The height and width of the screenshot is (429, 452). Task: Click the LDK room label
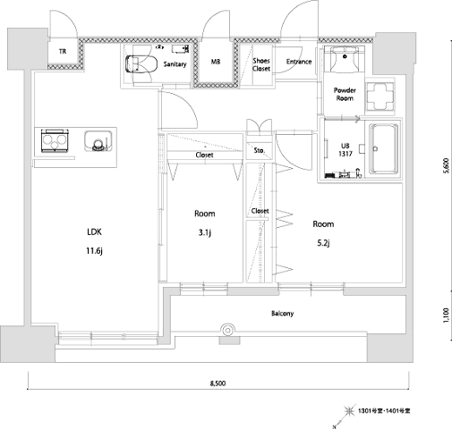click(x=94, y=231)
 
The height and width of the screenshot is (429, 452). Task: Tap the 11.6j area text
click(x=95, y=251)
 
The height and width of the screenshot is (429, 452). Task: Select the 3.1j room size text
click(x=205, y=232)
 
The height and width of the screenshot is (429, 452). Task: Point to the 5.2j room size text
click(x=323, y=243)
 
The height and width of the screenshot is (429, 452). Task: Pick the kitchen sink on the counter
click(x=98, y=141)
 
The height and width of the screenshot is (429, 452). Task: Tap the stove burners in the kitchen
click(x=55, y=141)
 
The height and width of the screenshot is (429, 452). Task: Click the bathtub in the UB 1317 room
click(x=384, y=148)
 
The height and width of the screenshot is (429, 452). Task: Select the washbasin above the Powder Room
click(x=345, y=59)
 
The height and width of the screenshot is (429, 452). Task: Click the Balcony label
click(x=283, y=313)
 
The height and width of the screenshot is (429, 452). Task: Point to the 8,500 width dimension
click(x=217, y=383)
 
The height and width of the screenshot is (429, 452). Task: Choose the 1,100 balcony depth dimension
click(x=446, y=315)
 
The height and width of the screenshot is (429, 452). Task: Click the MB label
click(x=216, y=62)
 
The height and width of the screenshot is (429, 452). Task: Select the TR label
click(x=63, y=52)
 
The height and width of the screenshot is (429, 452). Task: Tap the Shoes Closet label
click(x=261, y=64)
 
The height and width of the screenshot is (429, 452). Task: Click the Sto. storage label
click(x=260, y=150)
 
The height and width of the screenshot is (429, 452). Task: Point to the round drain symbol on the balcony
click(x=227, y=330)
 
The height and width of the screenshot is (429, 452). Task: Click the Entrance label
click(x=299, y=62)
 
